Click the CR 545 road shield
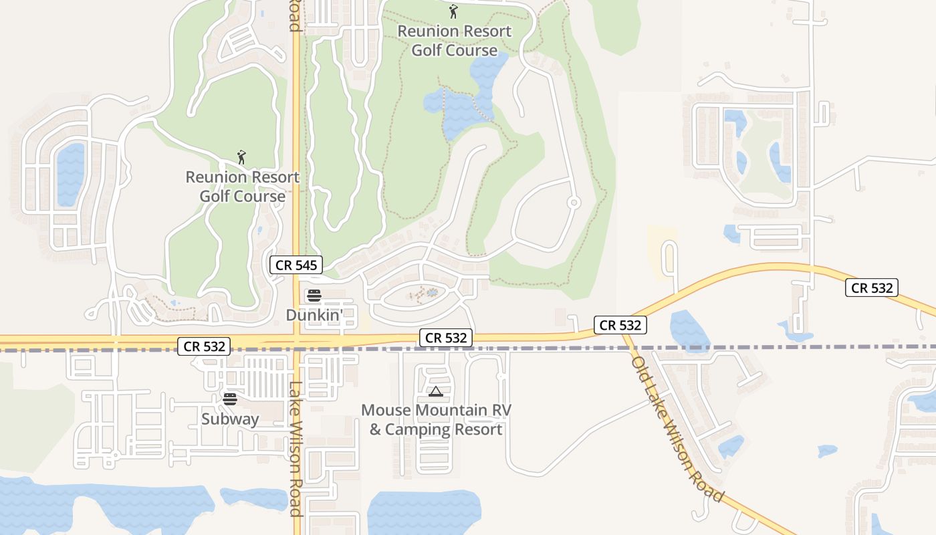coord(296,265)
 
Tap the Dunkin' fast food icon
coord(314,296)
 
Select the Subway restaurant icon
coord(230,399)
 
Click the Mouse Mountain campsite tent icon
coord(435,391)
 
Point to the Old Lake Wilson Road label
coord(677,429)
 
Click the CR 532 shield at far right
coord(871,288)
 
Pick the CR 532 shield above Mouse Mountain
coord(446,338)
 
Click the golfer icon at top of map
coord(454,11)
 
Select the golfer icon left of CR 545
coord(241,157)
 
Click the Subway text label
coord(230,419)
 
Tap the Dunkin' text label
coord(314,314)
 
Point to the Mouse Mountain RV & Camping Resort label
coord(436,419)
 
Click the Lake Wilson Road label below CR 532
coord(296,448)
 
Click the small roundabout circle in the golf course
coord(573,202)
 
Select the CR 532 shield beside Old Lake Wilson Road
coord(620,325)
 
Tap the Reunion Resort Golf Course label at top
coord(454,41)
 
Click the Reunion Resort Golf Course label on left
coord(242,187)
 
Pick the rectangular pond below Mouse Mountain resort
coord(424,512)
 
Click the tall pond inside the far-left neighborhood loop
coord(71,174)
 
